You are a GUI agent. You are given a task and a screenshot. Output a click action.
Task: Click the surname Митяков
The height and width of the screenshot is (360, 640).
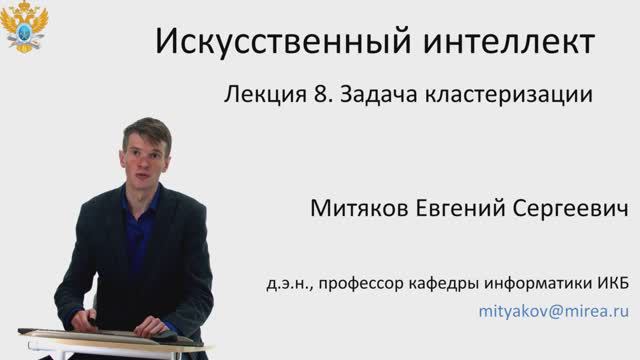(361, 211)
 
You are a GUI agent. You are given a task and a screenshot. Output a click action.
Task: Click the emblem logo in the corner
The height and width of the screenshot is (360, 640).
(24, 28)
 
